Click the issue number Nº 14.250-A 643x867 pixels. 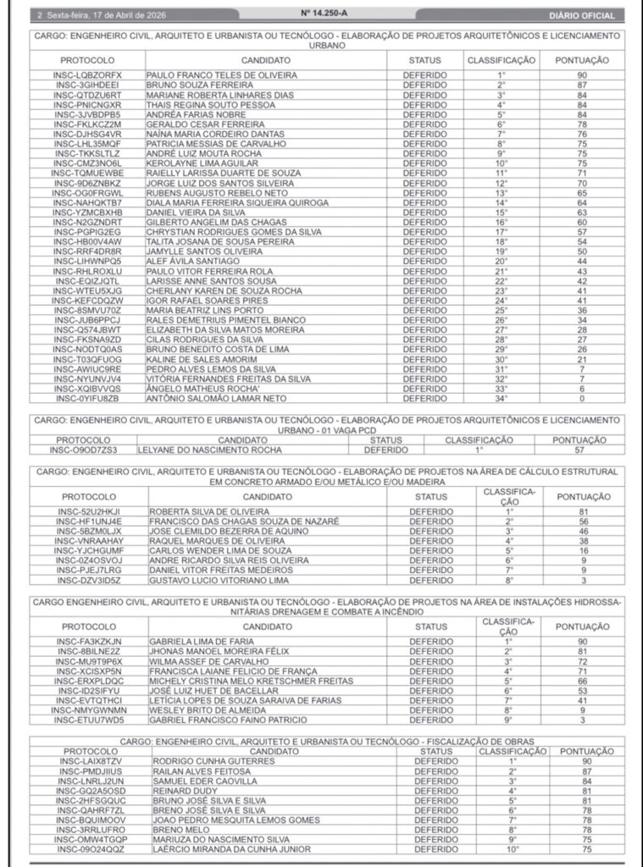pos(322,14)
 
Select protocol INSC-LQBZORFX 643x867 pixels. pos(87,75)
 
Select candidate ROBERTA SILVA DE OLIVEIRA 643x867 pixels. pos(208,512)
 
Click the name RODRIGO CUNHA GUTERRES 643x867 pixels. pos(208,761)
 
